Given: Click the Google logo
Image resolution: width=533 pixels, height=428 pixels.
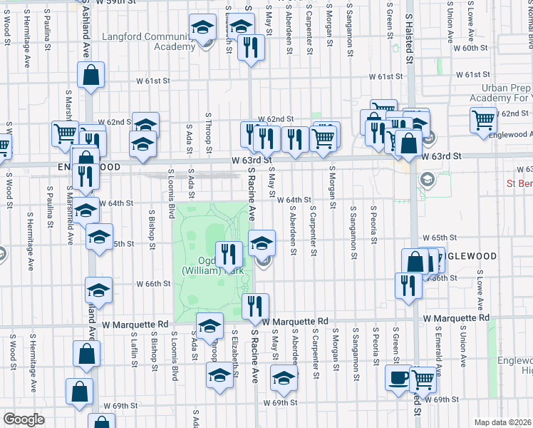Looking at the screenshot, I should click(24, 419).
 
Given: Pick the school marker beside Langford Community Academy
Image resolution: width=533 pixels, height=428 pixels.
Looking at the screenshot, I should click(203, 28).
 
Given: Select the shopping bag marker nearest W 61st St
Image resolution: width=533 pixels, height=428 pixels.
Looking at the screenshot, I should click(91, 74).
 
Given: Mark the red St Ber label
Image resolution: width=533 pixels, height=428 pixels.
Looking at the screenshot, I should click(519, 183).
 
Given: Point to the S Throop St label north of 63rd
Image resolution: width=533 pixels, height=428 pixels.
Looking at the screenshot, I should click(208, 132).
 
